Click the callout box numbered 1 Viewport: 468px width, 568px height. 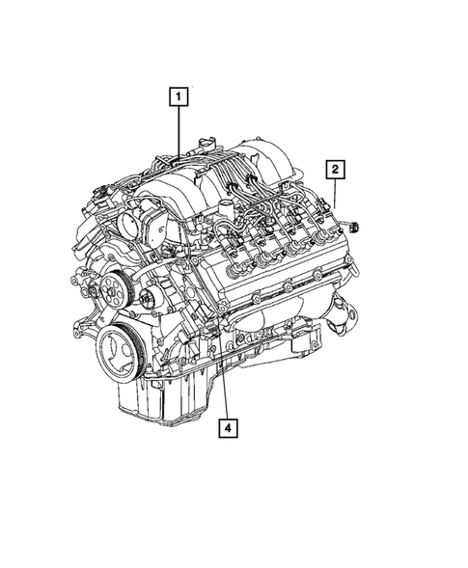coord(179,96)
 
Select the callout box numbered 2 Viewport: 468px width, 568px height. coord(335,171)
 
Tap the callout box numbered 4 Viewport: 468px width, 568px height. coord(227,426)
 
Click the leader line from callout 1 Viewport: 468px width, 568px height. coord(179,130)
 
